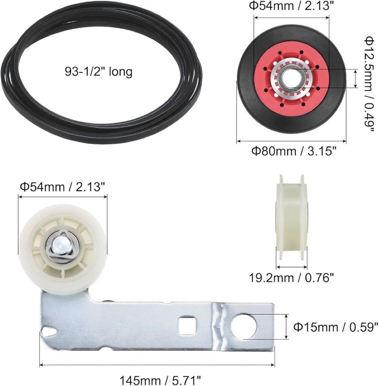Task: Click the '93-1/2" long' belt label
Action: coord(99,71)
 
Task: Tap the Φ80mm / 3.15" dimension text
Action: coord(294,151)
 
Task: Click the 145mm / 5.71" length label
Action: coord(160,380)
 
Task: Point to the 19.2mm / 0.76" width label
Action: coord(291,278)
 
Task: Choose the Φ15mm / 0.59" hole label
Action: coord(336,327)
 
